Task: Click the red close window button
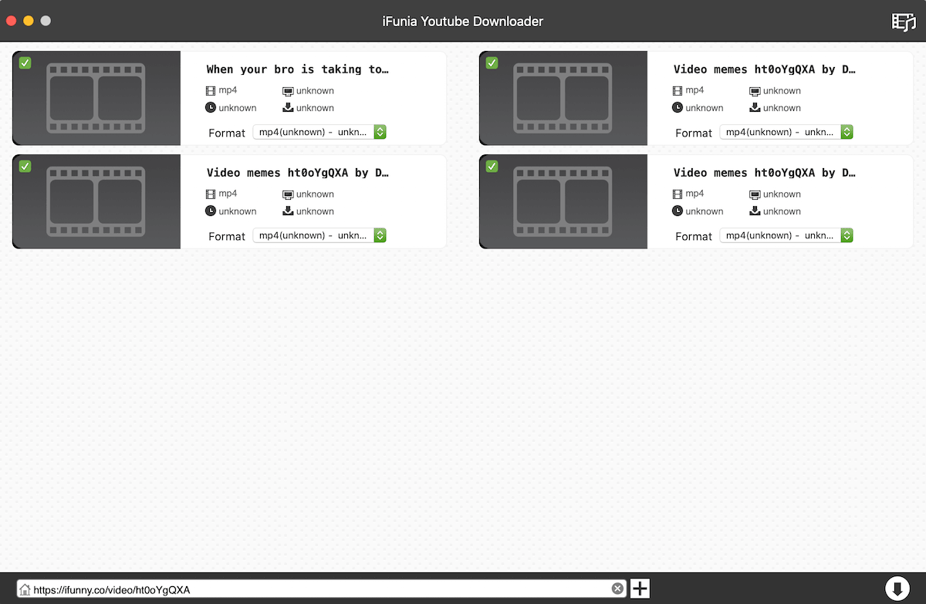pos(11,21)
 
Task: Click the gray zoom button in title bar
pos(46,21)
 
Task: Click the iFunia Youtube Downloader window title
pos(462,21)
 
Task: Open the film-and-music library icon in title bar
pos(904,22)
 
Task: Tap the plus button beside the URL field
pos(640,589)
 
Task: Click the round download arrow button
pos(897,589)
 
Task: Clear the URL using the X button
pos(617,589)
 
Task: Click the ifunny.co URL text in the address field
pos(112,589)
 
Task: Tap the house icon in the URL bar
pos(25,589)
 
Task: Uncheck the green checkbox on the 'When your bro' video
pos(25,62)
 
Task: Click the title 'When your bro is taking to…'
pos(297,69)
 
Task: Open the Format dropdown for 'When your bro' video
pos(319,132)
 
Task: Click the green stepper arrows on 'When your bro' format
pos(380,132)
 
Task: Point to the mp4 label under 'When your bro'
pos(228,90)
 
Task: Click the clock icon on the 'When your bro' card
pos(211,107)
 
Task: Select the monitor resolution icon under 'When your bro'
pos(288,91)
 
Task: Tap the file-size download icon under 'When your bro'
pos(288,107)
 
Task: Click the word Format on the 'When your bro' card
pos(227,133)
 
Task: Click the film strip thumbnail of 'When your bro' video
pos(96,98)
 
